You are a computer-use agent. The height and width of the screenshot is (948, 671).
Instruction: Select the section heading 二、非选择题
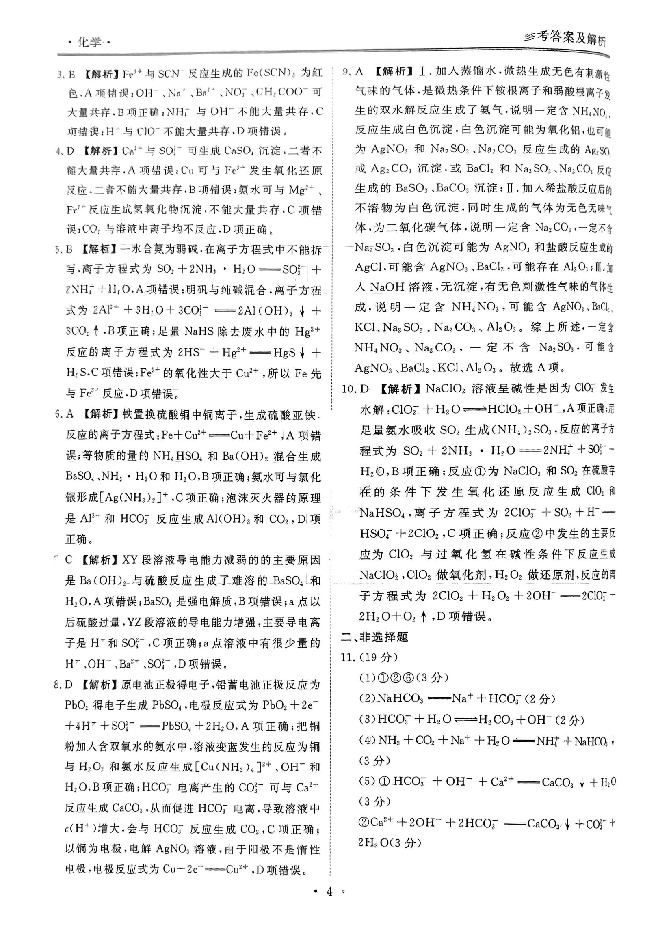374,637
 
